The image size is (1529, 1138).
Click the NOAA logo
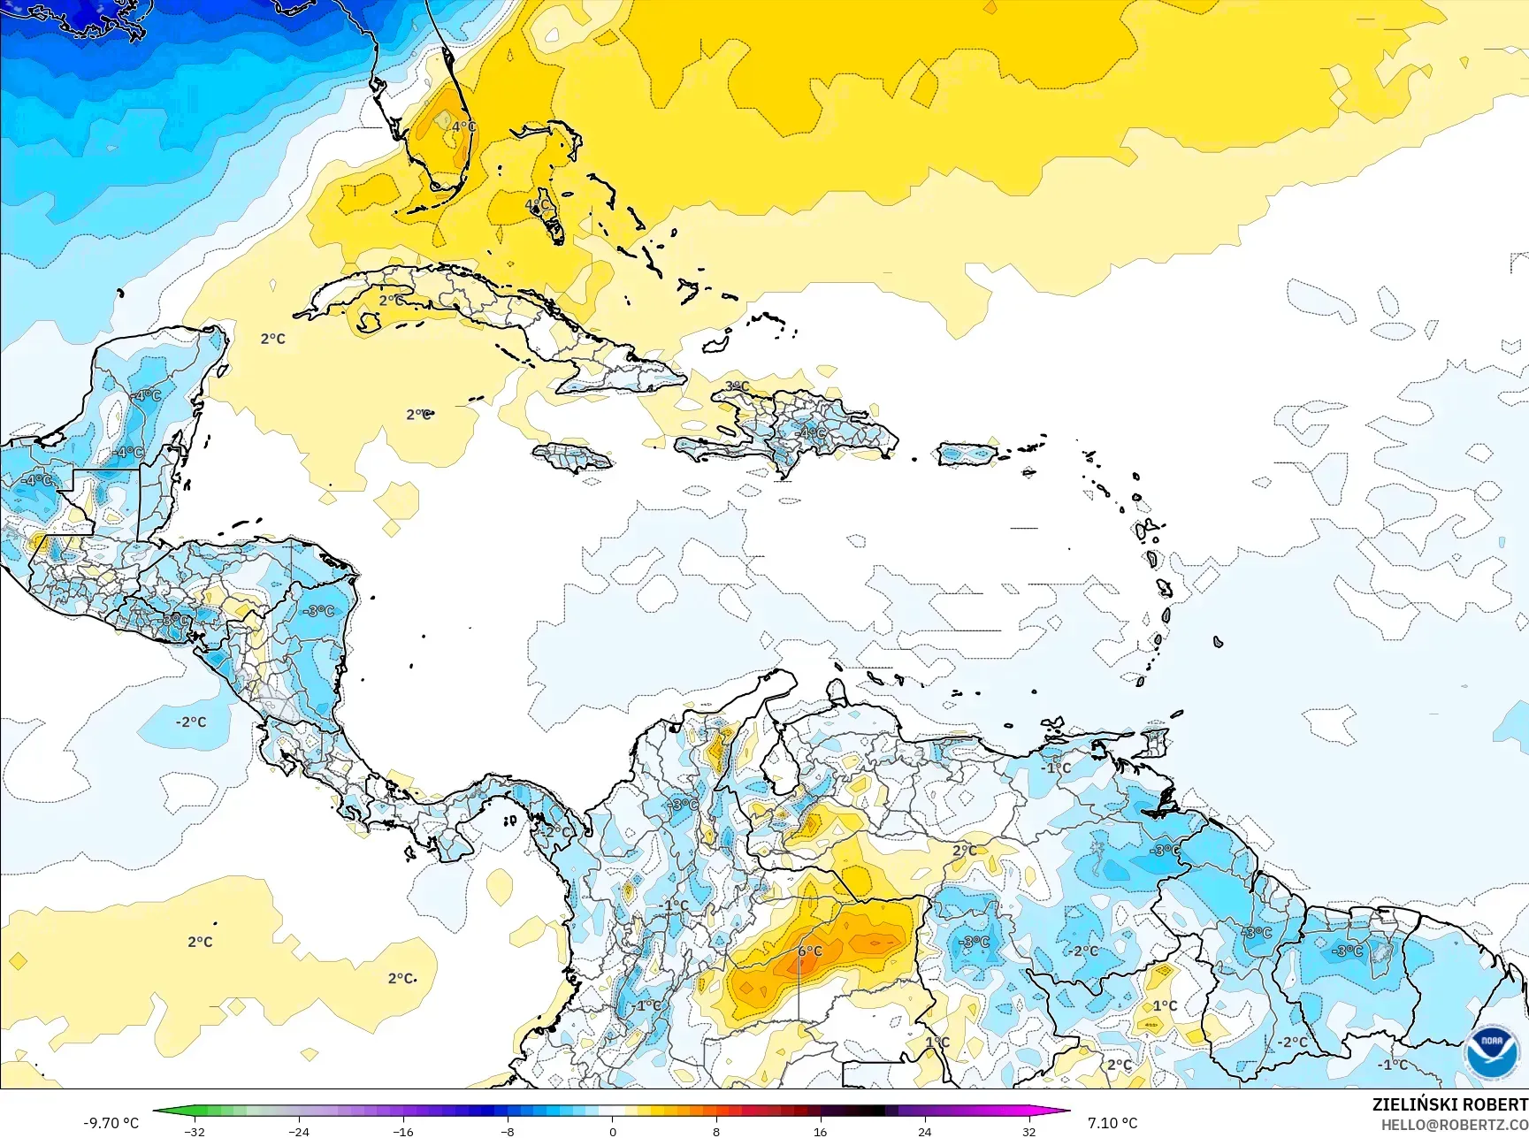point(1491,1051)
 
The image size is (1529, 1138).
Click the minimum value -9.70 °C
point(111,1123)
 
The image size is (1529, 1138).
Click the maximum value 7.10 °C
point(1112,1123)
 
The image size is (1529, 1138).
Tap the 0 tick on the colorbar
point(612,1131)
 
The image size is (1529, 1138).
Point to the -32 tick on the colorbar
point(195,1131)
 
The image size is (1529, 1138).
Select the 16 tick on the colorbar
point(820,1131)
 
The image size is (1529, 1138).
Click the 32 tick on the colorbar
point(1028,1131)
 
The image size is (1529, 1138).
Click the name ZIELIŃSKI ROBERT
point(1449,1104)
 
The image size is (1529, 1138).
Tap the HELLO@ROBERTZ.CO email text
point(1455,1125)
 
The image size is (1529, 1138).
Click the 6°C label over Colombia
point(810,951)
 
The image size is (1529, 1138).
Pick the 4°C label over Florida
point(463,126)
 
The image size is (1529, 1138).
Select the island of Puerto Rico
point(967,454)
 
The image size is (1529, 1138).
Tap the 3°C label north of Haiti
point(737,386)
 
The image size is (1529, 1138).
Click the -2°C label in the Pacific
point(190,722)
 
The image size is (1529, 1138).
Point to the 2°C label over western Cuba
point(392,301)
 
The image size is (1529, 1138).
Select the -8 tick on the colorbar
point(508,1131)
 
